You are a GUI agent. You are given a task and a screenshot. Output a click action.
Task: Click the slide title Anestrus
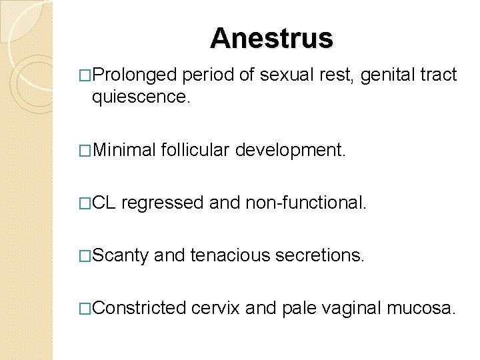[x=271, y=38]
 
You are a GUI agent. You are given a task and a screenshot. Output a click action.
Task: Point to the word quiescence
[x=141, y=98]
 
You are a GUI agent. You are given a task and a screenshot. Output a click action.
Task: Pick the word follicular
[x=199, y=151]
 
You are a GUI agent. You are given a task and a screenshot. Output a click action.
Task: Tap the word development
[x=294, y=151]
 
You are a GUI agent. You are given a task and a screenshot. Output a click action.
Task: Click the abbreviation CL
[x=105, y=203]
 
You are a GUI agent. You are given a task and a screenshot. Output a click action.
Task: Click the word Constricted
[x=139, y=308]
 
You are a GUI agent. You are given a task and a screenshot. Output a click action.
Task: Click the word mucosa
[x=423, y=308]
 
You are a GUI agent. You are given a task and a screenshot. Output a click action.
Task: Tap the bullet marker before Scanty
[x=85, y=255]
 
